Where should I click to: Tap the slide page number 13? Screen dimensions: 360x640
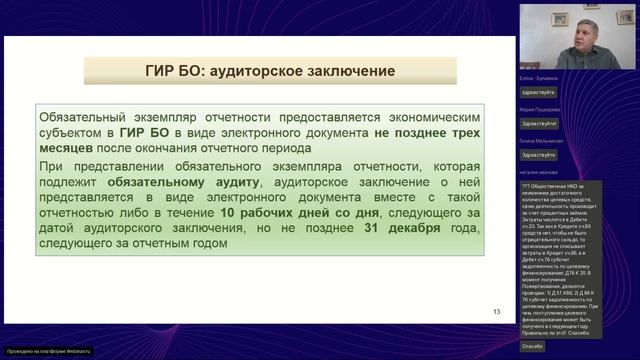[496, 313]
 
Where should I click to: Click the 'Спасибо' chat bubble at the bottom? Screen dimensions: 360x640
[532, 346]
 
